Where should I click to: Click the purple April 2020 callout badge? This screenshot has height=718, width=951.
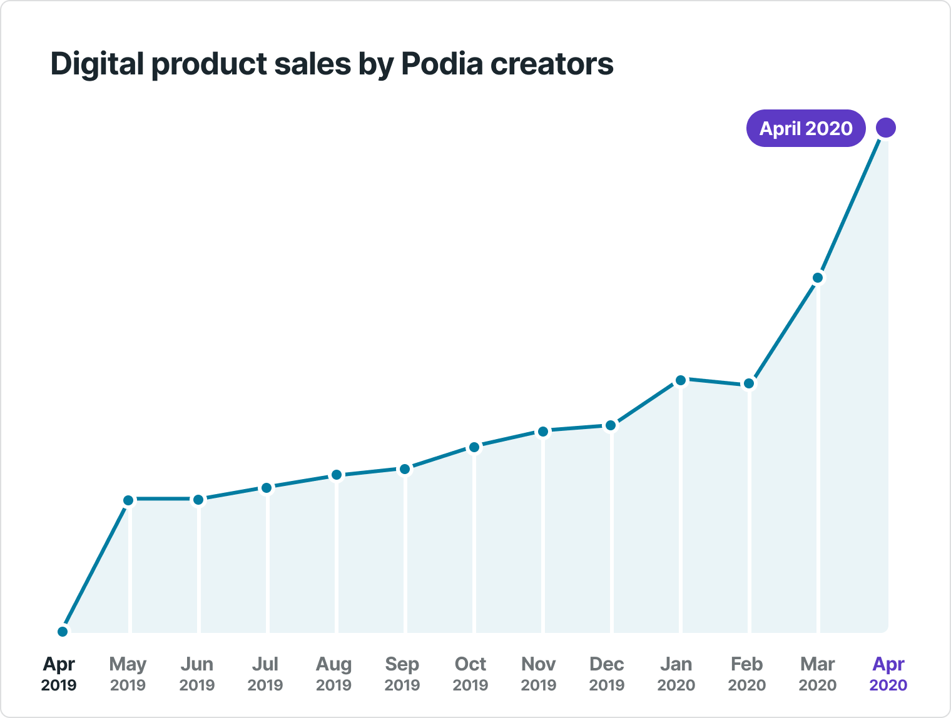[x=805, y=128]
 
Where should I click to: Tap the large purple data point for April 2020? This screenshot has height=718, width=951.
[x=885, y=128]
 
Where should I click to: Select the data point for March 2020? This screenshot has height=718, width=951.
[x=817, y=278]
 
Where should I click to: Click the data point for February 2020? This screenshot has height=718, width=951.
[x=748, y=384]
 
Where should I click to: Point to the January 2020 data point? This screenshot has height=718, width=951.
[x=681, y=380]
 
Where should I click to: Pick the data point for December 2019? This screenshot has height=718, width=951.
[x=611, y=426]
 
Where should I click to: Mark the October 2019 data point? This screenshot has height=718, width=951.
[x=474, y=447]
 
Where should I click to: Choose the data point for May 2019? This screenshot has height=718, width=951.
[x=128, y=500]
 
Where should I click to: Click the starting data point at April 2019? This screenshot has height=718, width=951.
[x=63, y=632]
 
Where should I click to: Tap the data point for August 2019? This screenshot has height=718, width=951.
[x=337, y=475]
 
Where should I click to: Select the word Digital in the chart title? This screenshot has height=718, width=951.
[x=97, y=64]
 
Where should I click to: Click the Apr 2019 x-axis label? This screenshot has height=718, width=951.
[x=59, y=674]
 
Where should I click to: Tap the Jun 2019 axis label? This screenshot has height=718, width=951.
[x=196, y=674]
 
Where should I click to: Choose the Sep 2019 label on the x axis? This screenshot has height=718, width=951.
[x=402, y=674]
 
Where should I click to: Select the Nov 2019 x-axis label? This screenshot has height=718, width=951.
[x=538, y=674]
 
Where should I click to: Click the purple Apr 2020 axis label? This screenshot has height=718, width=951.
[x=888, y=674]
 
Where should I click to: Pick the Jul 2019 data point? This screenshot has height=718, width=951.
[x=267, y=488]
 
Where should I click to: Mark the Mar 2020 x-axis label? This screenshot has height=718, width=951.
[x=817, y=674]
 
